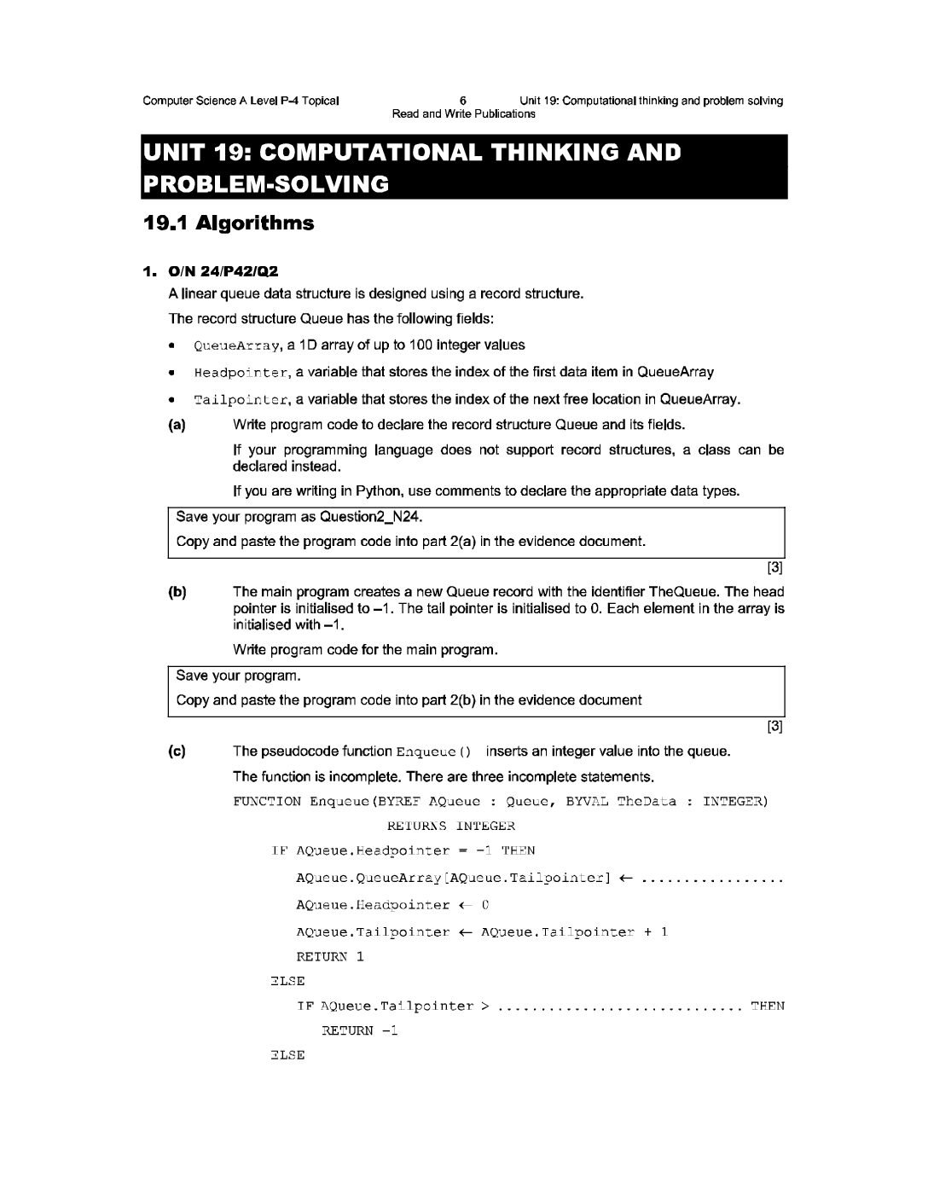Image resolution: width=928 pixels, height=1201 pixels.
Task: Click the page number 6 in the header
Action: pos(462,101)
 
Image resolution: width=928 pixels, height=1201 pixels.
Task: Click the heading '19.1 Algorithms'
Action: pos(229,223)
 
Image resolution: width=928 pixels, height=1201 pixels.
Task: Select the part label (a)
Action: pos(177,425)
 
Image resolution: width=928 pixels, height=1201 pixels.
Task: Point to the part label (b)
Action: pos(177,592)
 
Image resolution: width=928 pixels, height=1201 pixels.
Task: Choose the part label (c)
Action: pos(177,751)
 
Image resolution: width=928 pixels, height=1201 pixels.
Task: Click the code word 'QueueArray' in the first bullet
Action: pos(237,345)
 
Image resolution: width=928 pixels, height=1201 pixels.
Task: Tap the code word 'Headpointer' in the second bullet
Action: pos(241,373)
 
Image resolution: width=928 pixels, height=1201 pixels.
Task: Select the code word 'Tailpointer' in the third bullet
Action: pos(241,399)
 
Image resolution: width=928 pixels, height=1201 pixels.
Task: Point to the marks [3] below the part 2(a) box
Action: pos(774,566)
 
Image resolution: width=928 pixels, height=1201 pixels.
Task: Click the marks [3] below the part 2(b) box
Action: pos(774,726)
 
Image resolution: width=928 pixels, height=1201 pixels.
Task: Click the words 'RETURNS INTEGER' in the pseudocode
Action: pos(451,826)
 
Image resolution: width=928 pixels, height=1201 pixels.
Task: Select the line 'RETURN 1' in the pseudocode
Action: pos(330,956)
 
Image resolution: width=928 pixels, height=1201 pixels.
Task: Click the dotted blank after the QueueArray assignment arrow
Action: pos(711,879)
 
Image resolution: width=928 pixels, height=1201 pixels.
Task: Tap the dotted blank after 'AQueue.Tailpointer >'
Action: pos(619,1007)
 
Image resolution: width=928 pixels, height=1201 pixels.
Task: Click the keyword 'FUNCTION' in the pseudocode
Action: pos(267,801)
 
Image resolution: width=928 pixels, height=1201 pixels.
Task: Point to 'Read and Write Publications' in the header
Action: pos(463,113)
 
